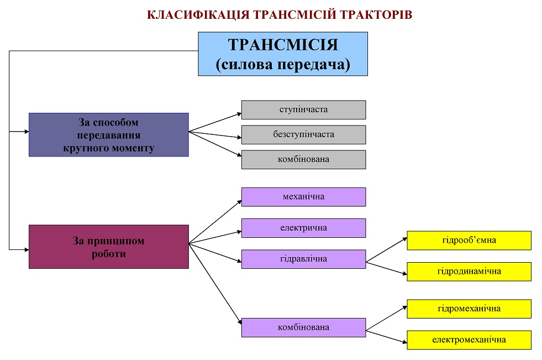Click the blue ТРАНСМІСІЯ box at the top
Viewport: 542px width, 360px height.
point(283,54)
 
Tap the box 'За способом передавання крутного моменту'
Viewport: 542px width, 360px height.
point(108,135)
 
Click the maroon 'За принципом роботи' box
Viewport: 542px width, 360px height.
point(108,247)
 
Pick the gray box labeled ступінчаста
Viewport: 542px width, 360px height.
point(303,110)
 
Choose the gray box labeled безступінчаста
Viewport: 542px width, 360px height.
point(303,135)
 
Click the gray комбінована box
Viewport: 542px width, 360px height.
point(303,160)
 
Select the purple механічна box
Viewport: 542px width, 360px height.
point(303,197)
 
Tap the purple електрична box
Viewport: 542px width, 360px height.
point(303,228)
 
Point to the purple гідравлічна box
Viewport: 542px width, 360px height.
point(303,259)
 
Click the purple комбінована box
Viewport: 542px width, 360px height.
point(303,328)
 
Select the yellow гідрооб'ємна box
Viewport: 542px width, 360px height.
point(469,241)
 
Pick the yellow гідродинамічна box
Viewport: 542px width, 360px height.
point(469,272)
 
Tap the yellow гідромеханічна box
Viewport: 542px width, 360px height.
point(469,309)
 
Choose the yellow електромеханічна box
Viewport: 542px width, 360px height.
point(469,340)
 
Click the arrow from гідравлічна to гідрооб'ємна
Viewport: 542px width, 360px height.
point(386,250)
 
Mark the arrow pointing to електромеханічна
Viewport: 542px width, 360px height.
point(386,337)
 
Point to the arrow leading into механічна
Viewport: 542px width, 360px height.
point(215,222)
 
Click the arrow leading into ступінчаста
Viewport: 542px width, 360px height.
point(215,122)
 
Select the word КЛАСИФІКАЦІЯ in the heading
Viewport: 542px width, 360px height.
point(198,15)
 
